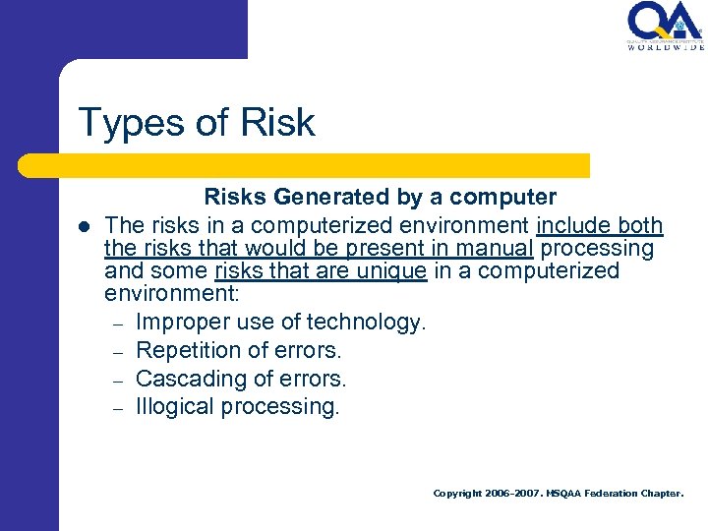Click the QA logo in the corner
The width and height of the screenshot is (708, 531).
pos(665,22)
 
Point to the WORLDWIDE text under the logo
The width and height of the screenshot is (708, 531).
pos(666,46)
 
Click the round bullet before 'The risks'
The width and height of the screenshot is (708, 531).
pos(85,227)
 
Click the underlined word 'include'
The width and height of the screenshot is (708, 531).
pos(572,226)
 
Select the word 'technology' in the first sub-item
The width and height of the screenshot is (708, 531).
pos(364,323)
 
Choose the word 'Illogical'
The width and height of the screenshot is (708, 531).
pos(173,407)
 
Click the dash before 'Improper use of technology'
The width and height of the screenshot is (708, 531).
pos(116,324)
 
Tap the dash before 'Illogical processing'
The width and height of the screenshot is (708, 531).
pos(116,408)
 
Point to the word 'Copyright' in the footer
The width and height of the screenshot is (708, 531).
pos(458,494)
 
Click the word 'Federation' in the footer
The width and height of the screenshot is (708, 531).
pos(617,494)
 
